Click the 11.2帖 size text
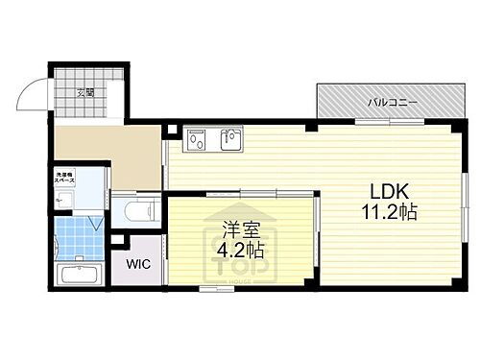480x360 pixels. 389,213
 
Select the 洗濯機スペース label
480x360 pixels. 65,179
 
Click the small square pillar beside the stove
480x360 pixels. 171,130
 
